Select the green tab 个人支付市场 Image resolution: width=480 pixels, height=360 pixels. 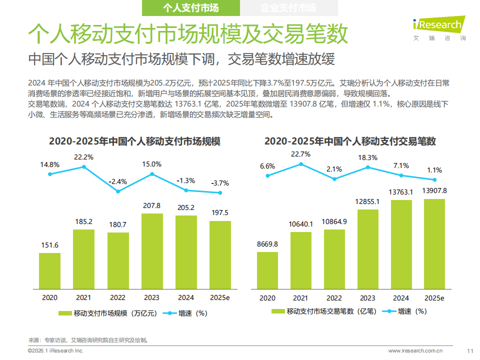pos(191,8)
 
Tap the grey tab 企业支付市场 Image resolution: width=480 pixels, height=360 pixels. pos(288,8)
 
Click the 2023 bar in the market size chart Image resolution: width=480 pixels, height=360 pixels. pos(151,251)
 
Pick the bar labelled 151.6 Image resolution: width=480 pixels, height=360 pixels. pos(50,270)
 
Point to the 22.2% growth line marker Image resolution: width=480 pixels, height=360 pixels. pos(84,166)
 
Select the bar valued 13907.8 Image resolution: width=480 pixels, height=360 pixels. pos(434,244)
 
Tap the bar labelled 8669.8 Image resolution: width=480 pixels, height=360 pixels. pos(267,270)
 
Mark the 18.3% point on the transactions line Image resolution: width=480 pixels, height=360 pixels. pos(367,167)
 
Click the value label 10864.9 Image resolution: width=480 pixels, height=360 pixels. pos(334,221)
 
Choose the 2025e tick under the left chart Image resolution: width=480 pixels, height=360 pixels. pos(219,297)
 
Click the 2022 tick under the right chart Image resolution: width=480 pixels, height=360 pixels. pos(334,297)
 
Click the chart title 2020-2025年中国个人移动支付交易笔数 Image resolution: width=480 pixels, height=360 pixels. pos(350,141)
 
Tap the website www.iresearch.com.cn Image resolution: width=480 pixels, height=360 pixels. pos(415,350)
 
